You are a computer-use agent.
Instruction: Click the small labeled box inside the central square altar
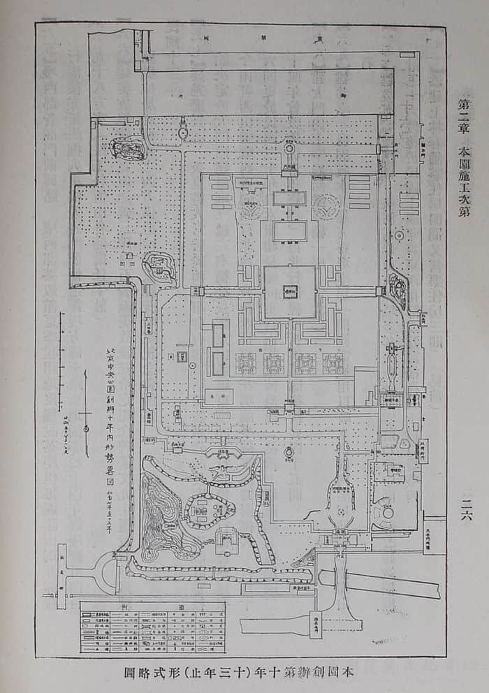tap(289, 293)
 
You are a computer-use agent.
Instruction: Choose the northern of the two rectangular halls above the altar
tap(289, 198)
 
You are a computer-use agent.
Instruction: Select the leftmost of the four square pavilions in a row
tap(246, 363)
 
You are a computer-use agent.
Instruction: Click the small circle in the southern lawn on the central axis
tap(288, 455)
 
